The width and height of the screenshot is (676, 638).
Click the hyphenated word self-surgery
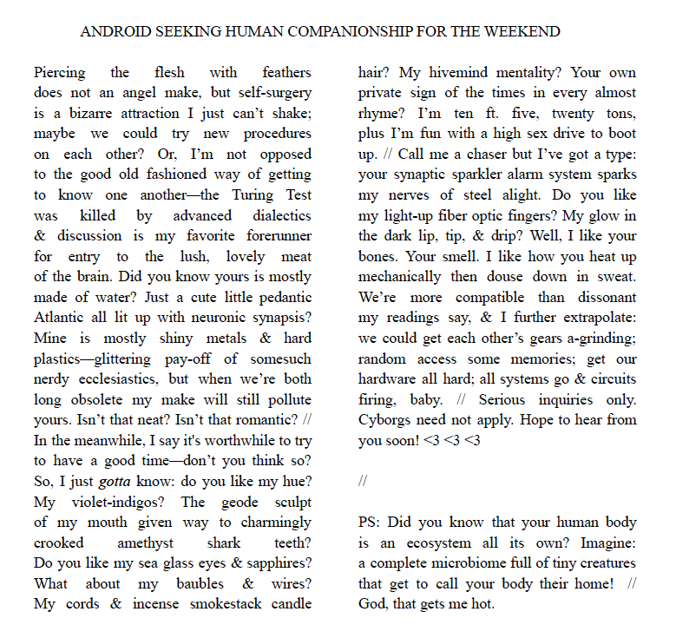click(x=269, y=92)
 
